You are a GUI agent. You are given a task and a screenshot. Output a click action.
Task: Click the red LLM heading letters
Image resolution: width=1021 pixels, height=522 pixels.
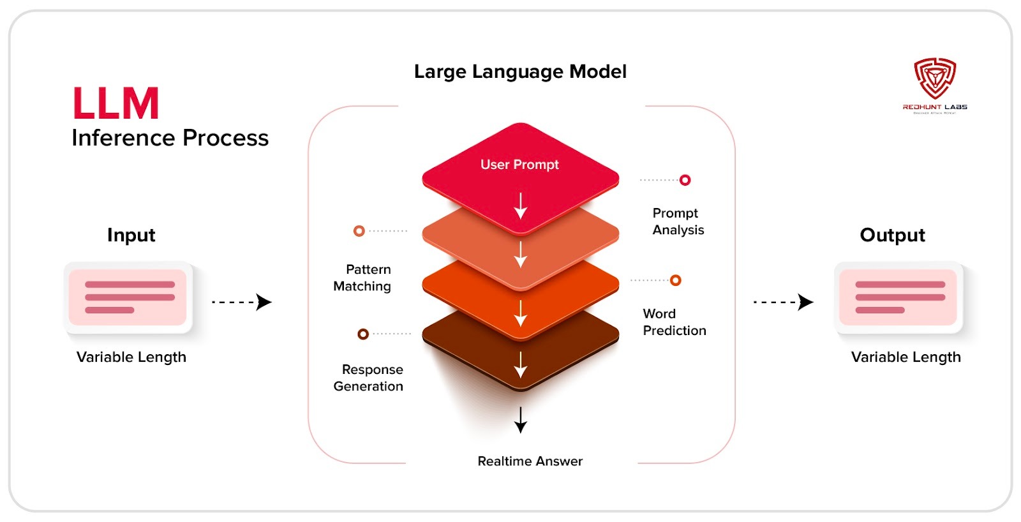116,103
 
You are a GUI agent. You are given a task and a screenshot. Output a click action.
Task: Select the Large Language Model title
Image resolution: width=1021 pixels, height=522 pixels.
520,71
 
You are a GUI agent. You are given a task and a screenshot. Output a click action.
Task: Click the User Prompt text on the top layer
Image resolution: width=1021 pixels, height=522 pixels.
519,165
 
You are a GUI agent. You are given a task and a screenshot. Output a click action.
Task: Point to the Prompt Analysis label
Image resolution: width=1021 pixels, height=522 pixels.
678,221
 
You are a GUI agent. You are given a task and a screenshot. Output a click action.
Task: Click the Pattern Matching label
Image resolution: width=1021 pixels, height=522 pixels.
362,278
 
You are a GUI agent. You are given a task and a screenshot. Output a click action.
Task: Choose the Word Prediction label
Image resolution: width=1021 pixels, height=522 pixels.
674,322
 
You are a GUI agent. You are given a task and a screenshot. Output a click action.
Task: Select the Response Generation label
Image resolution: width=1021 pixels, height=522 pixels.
369,378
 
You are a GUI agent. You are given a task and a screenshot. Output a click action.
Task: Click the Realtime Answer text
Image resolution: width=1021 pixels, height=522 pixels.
530,461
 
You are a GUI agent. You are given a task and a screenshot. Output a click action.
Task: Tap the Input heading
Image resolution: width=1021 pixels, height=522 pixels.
131,235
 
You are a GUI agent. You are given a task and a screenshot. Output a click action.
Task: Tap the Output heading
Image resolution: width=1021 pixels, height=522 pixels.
892,235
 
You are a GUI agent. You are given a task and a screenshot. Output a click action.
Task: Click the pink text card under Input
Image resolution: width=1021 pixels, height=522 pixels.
128,297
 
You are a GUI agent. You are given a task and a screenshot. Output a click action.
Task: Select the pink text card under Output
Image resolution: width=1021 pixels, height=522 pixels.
898,297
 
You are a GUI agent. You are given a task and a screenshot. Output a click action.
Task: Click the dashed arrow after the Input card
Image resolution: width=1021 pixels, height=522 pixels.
242,302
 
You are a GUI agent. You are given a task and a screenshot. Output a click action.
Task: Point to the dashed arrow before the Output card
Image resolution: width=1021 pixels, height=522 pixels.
783,302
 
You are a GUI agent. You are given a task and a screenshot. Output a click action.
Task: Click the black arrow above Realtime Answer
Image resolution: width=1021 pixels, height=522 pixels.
521,419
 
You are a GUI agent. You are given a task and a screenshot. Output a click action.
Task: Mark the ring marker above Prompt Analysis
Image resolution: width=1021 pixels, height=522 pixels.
685,180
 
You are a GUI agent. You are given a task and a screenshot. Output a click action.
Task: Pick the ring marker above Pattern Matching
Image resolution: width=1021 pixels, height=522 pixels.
359,231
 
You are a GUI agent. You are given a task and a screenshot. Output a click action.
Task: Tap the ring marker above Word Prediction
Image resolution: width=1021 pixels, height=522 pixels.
676,280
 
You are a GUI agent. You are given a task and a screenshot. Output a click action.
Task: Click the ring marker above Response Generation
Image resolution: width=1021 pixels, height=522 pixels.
363,334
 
